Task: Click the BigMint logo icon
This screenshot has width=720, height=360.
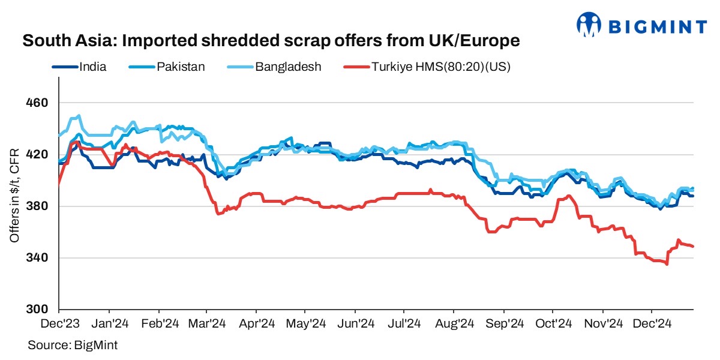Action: [x=589, y=25]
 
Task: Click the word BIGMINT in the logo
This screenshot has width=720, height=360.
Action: [x=658, y=26]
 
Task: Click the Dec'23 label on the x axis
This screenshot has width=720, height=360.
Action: [x=59, y=324]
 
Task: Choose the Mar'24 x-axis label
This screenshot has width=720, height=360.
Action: [x=206, y=324]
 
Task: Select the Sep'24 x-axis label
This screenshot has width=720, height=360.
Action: [x=503, y=324]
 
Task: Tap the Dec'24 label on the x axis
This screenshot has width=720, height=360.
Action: [x=652, y=324]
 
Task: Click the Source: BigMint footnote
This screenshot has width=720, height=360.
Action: [x=73, y=346]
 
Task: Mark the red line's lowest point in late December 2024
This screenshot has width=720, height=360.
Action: [x=667, y=264]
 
